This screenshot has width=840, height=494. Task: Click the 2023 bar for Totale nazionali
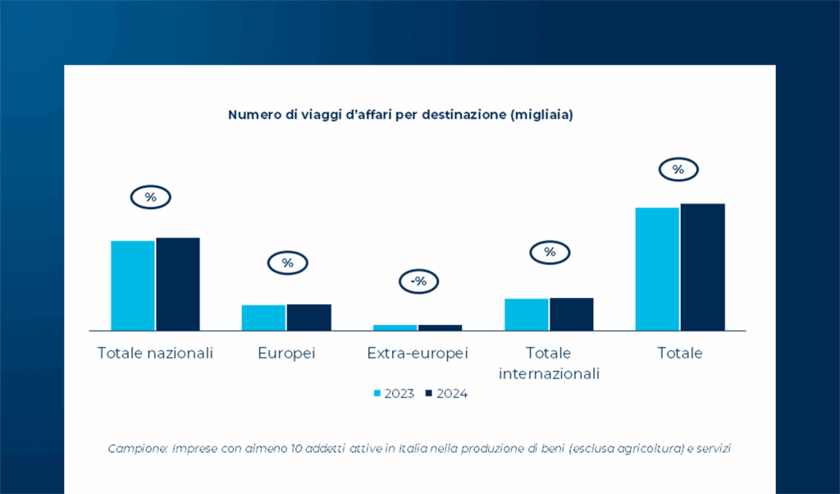click(x=133, y=285)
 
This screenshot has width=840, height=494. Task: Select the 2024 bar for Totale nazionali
click(x=178, y=283)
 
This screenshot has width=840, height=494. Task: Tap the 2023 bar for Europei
click(x=263, y=317)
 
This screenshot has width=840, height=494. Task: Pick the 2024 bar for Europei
click(x=308, y=317)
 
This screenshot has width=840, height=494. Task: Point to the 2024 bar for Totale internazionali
click(x=571, y=313)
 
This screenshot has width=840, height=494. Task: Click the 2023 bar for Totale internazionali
click(x=527, y=313)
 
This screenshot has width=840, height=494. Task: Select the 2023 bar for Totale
click(x=658, y=268)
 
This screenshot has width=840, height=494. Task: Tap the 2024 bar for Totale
click(x=703, y=266)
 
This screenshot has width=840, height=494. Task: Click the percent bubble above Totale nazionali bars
click(x=150, y=198)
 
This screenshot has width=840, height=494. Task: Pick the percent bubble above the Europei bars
click(x=287, y=263)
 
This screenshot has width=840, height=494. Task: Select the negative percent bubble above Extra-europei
click(x=418, y=281)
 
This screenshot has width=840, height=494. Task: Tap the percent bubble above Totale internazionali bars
click(x=550, y=252)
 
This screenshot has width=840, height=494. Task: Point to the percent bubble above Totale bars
click(x=678, y=170)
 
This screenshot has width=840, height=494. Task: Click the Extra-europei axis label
click(x=418, y=354)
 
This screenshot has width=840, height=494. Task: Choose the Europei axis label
click(x=286, y=354)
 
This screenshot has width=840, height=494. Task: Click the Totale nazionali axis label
click(x=155, y=354)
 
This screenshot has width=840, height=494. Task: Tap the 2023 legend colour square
click(x=377, y=394)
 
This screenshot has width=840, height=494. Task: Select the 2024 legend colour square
click(x=428, y=394)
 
